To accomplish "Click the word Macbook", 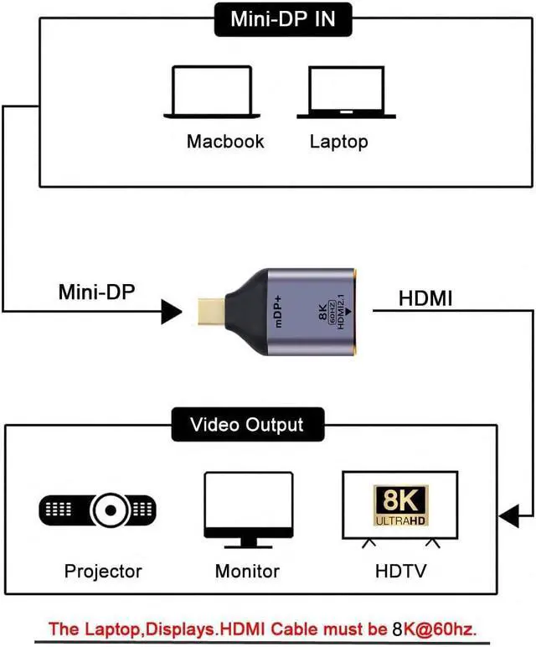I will [225, 141].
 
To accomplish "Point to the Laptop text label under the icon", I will [339, 141].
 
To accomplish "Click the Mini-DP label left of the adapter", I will [96, 292].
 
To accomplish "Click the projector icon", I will [98, 509].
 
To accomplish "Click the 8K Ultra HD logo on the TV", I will [400, 505].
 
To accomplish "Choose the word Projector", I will [103, 572].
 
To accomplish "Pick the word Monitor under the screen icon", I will [247, 572].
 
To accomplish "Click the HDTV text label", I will [399, 572].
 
